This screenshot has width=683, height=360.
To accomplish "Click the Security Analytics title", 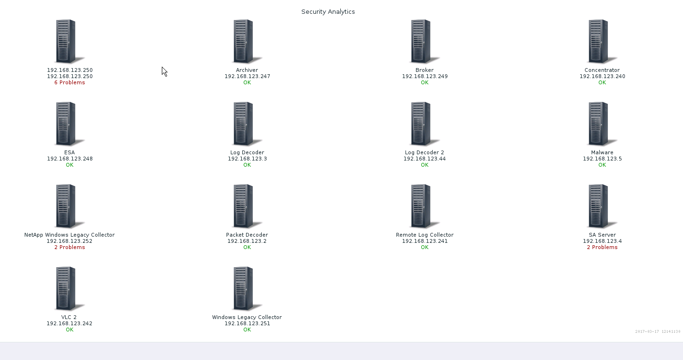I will [328, 11].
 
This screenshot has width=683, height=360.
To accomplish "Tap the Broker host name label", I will [425, 70].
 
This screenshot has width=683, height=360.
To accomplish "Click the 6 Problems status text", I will [69, 82].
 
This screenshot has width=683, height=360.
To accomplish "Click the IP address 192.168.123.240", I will [602, 76].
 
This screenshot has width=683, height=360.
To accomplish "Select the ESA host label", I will [69, 152].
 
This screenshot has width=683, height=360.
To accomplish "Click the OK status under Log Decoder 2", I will [425, 165].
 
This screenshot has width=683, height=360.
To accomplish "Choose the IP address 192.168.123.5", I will [602, 159].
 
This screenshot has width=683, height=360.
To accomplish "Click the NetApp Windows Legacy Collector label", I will [69, 235].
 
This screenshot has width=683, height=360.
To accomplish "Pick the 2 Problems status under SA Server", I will [602, 247].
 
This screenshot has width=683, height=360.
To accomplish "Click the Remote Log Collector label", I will [425, 235].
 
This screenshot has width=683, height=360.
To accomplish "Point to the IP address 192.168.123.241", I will [425, 241].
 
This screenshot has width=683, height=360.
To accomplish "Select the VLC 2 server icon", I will [68, 289].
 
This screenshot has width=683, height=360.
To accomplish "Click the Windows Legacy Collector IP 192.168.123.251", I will [247, 323].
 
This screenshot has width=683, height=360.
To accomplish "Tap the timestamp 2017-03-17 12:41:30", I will [658, 331].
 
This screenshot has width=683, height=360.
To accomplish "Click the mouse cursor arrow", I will [164, 71].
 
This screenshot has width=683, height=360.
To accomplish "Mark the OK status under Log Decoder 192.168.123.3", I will [247, 165].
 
